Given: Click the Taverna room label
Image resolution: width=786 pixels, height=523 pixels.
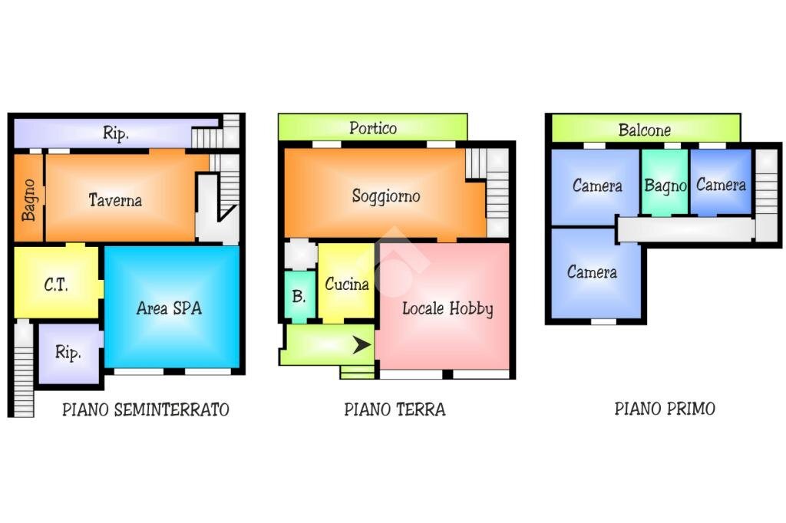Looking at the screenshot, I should pos(115,200).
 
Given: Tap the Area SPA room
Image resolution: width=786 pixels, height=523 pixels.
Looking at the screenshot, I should pos(170,308).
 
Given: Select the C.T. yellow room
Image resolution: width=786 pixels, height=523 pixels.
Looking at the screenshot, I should pos(56,285).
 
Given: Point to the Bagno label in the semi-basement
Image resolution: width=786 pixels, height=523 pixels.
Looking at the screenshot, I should pos(29,199).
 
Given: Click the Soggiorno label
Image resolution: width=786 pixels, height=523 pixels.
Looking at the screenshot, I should pos(386,196).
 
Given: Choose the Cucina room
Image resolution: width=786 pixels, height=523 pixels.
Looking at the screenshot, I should pos(346,284).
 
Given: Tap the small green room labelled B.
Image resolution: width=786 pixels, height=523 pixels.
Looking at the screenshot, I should pos(299,296).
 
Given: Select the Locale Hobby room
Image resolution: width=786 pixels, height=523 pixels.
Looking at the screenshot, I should pos(447,308).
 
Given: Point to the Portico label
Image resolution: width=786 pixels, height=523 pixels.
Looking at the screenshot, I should pos(373,128).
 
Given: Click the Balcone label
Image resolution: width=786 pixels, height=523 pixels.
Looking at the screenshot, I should pos(645,130).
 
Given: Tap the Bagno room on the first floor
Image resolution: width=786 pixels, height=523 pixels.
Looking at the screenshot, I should pos(665,185).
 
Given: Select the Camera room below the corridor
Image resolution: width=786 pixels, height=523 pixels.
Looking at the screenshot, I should pos(592,272).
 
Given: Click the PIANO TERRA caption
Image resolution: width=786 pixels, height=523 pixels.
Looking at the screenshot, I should pos(395,409).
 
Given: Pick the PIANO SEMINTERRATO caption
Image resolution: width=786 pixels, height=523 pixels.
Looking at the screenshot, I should pos(145,410).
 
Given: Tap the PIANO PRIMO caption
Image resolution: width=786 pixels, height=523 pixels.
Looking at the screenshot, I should pos(665,408).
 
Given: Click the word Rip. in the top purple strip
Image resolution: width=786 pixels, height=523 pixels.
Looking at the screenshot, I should pos(115,133).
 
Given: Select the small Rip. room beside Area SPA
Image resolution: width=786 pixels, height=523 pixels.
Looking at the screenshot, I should pos(68,354).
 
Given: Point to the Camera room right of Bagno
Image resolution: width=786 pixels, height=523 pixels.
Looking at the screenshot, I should pos(720,185).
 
